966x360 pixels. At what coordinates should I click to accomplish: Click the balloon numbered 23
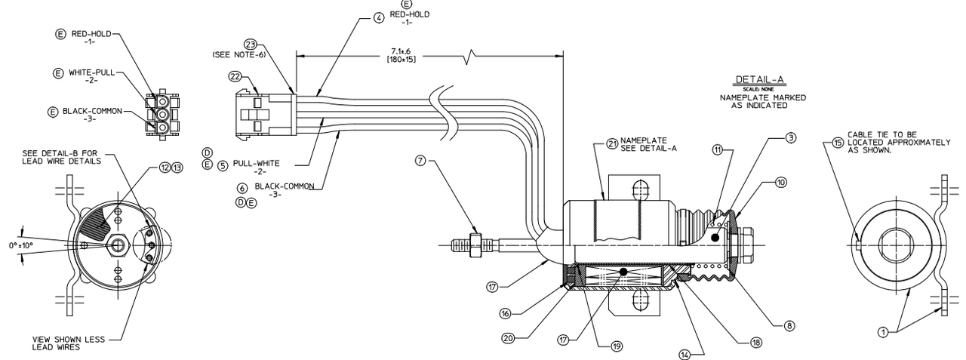pyautogui.click(x=251, y=44)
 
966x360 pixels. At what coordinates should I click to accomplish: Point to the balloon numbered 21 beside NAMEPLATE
pyautogui.click(x=611, y=144)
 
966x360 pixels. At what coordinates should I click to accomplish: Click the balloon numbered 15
pyautogui.click(x=837, y=141)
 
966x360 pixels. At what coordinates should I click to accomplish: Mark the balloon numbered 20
pyautogui.click(x=508, y=338)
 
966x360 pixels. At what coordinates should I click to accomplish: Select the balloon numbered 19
pyautogui.click(x=617, y=346)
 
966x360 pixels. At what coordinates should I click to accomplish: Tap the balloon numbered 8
pyautogui.click(x=789, y=326)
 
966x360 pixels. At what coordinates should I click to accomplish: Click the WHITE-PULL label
pyautogui.click(x=93, y=72)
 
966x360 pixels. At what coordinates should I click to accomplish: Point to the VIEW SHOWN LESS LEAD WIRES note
pyautogui.click(x=69, y=343)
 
